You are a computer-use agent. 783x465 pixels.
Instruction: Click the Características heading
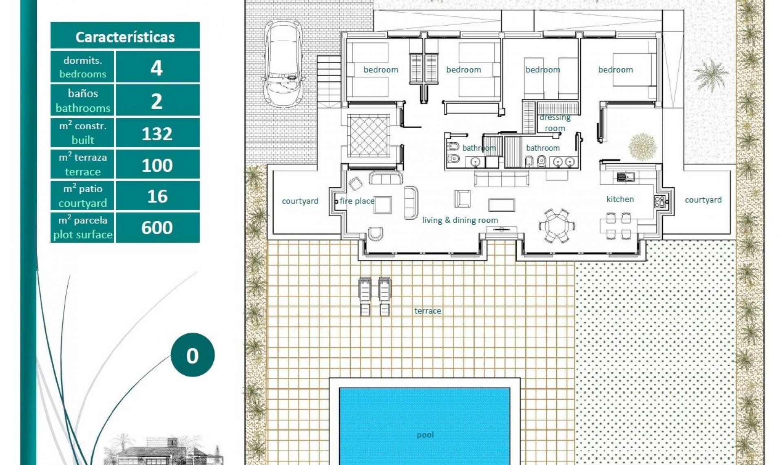(x=125, y=37)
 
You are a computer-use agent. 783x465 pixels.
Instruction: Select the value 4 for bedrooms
(x=157, y=68)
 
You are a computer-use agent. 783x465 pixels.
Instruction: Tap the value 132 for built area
(x=157, y=134)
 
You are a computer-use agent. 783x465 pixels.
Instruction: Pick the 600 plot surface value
(x=157, y=227)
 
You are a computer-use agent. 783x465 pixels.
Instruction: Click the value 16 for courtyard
(x=157, y=196)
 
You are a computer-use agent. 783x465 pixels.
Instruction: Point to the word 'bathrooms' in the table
(x=83, y=108)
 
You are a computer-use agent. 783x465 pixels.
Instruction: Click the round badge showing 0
(x=192, y=355)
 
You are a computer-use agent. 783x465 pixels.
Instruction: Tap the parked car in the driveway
(x=283, y=63)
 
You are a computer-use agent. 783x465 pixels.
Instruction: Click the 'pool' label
(x=425, y=435)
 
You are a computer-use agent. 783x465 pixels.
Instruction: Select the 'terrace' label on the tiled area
(x=427, y=311)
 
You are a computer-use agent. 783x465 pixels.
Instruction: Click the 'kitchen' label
(x=620, y=199)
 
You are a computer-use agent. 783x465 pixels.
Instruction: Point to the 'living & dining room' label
(x=460, y=220)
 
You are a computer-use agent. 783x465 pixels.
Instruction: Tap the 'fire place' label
(x=356, y=201)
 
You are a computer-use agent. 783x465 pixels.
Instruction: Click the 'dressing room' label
(x=555, y=123)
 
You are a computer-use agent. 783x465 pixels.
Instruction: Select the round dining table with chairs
(x=557, y=226)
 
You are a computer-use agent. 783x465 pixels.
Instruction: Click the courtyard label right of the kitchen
(x=703, y=200)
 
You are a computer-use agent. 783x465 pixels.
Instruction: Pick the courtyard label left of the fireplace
(x=300, y=201)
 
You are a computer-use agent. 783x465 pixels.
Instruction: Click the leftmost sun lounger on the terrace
(x=365, y=296)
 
